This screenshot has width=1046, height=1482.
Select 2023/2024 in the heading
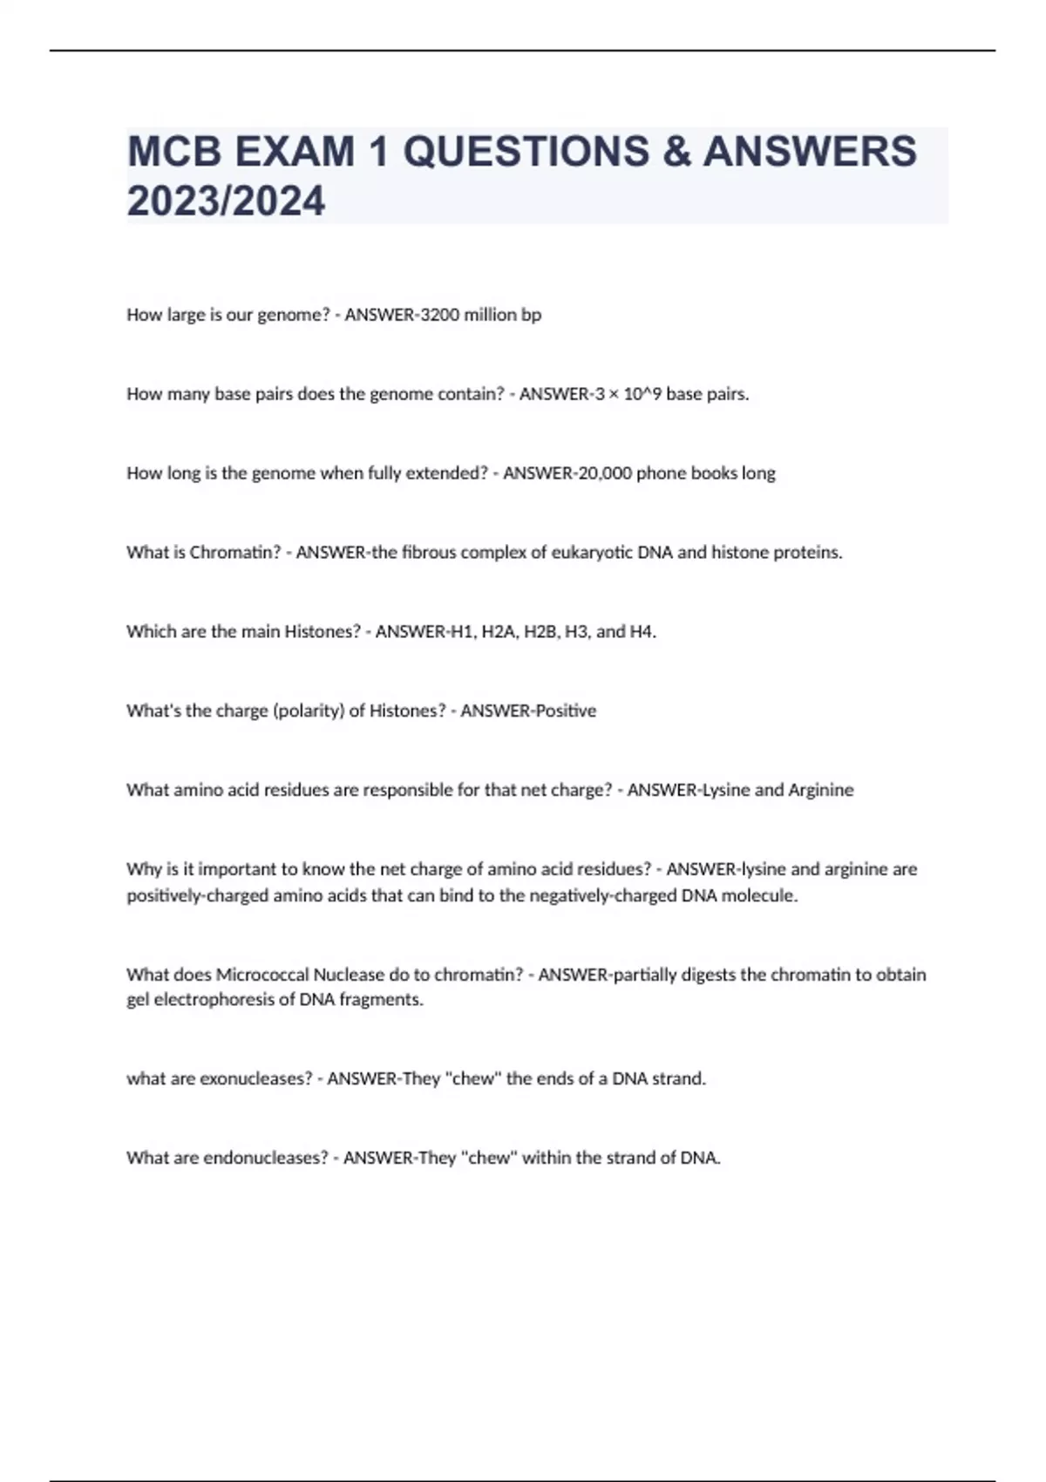226,201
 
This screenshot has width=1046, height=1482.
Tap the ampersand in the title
676,152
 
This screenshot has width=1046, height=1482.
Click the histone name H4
642,632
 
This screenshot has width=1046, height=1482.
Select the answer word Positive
566,711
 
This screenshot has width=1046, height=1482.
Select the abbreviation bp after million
531,315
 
